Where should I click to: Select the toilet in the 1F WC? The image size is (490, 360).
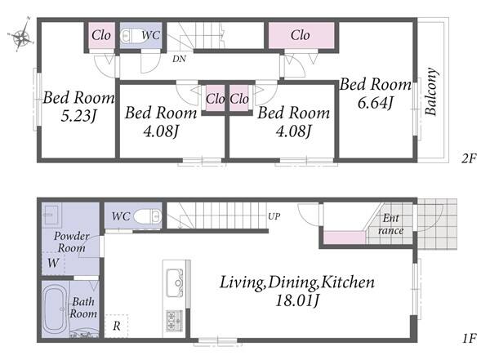(148, 216)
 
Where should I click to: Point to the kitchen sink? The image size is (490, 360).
(175, 282)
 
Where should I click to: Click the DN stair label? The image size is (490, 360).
(179, 59)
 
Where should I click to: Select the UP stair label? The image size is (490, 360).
(274, 216)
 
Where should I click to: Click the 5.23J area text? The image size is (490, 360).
(78, 116)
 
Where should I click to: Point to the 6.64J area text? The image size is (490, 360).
(375, 103)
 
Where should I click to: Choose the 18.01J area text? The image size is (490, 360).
(296, 300)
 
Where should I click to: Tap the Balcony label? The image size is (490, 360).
(431, 91)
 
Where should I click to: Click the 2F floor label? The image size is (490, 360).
(469, 158)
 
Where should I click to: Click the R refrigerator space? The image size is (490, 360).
(116, 326)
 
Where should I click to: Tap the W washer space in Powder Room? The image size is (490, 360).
(53, 263)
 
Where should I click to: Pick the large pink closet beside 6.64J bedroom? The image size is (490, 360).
(301, 35)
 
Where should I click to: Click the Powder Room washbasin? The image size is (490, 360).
(51, 214)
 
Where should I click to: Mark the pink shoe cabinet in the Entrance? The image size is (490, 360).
(344, 238)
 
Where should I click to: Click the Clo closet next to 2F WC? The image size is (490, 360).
(101, 35)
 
